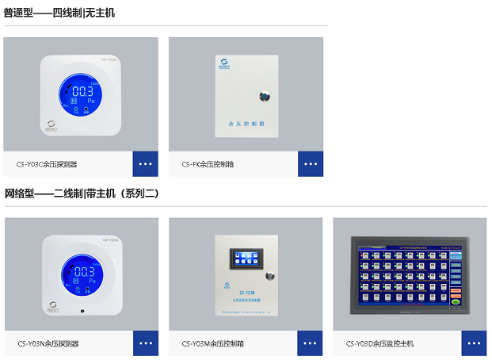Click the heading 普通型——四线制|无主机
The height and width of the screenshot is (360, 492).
click(59, 13)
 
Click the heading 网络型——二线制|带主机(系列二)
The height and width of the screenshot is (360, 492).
click(82, 193)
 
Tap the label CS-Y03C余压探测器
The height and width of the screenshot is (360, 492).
click(52, 164)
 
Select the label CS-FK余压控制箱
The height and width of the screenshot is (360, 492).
click(208, 164)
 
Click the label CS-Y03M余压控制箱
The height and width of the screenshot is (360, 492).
click(212, 343)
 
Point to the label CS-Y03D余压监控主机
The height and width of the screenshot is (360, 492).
click(379, 343)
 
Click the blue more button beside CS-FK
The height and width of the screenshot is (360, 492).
click(311, 163)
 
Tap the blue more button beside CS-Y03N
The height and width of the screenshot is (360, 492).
click(145, 343)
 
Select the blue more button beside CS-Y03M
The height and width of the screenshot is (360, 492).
click(310, 343)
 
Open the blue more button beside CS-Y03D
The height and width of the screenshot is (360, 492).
click(474, 343)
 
